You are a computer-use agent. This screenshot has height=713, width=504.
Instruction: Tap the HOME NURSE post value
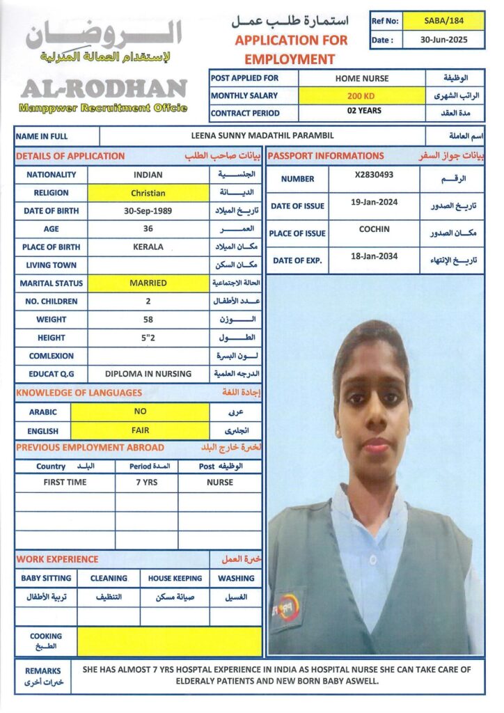pyautogui.click(x=362, y=78)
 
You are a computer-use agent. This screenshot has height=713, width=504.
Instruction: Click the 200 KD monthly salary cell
pyautogui.click(x=361, y=95)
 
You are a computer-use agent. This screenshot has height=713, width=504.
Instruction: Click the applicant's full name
pyautogui.click(x=262, y=136)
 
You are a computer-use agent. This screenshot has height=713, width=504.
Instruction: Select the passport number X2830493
pyautogui.click(x=374, y=175)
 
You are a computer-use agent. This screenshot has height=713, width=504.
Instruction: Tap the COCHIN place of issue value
pyautogui.click(x=374, y=230)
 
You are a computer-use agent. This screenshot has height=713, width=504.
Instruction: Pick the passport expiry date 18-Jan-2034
pyautogui.click(x=374, y=257)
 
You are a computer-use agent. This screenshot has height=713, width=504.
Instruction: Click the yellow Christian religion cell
pyautogui.click(x=148, y=193)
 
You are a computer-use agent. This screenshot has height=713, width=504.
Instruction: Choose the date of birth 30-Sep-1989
pyautogui.click(x=148, y=211)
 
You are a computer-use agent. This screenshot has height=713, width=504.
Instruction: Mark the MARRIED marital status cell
pyautogui.click(x=148, y=283)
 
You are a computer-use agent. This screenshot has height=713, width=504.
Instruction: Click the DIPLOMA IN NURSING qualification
pyautogui.click(x=148, y=374)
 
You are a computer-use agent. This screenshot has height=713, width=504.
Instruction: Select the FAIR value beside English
pyautogui.click(x=140, y=430)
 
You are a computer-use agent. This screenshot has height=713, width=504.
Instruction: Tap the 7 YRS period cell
pyautogui.click(x=146, y=482)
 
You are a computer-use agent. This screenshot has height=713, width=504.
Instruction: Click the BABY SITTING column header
pyautogui.click(x=46, y=578)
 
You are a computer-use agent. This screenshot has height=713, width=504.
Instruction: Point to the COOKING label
pyautogui.click(x=46, y=636)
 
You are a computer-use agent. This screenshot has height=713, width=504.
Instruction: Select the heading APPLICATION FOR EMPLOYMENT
pyautogui.click(x=290, y=49)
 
